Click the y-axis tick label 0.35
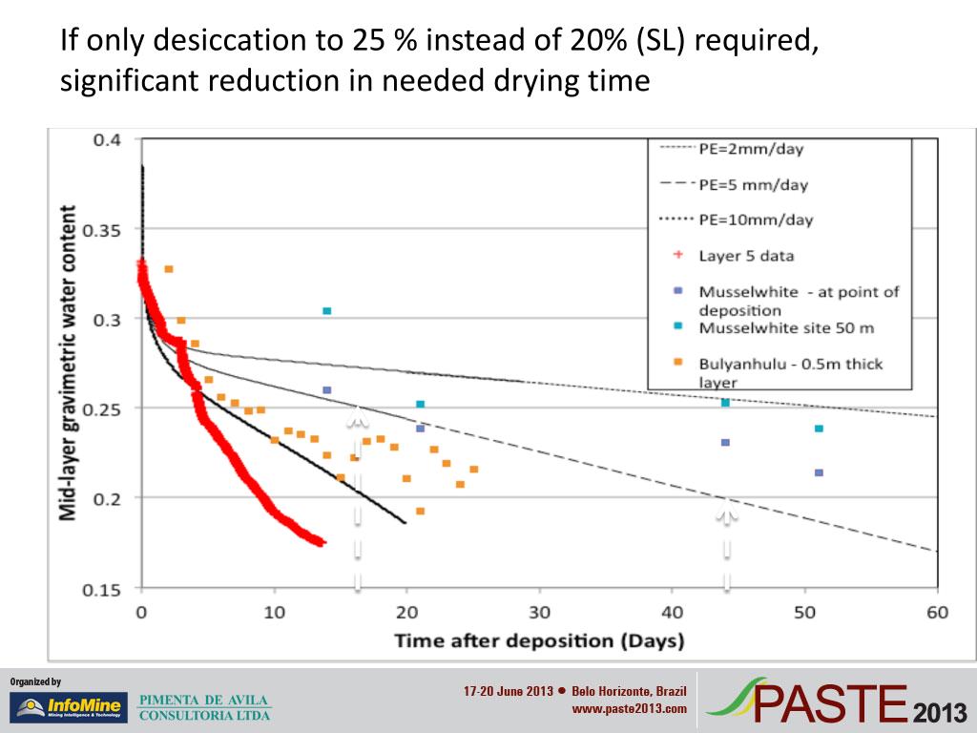tap(107, 230)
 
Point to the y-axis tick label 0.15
tap(107, 589)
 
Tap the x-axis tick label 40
tap(673, 611)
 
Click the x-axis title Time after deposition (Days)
tap(539, 639)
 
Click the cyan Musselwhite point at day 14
tap(326, 311)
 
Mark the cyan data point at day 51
tap(819, 429)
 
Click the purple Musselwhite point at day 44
tap(725, 442)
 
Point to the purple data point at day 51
tap(819, 472)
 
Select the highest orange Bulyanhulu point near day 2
tap(169, 269)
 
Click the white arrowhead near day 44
tap(727, 515)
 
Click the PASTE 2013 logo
tap(839, 702)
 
